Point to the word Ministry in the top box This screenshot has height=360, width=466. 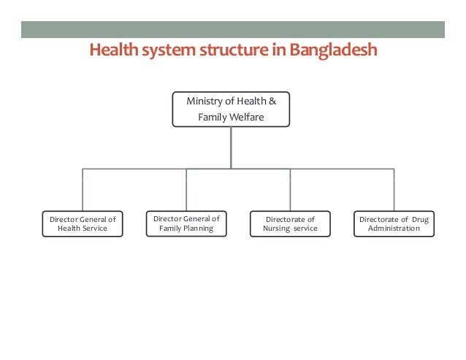click(x=203, y=101)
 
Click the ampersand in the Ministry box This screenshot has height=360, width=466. click(x=272, y=101)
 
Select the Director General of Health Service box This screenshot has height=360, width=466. click(x=83, y=223)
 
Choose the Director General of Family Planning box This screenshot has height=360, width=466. click(x=186, y=223)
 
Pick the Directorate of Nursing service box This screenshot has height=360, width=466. click(x=290, y=223)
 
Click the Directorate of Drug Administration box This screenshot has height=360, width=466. click(x=394, y=223)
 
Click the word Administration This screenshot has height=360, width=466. click(x=394, y=229)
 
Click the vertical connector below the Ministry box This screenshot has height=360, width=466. click(x=231, y=148)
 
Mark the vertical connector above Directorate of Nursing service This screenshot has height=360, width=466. click(x=290, y=190)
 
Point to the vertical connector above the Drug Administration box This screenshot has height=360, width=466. click(x=394, y=190)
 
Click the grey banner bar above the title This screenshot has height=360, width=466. click(x=232, y=30)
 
